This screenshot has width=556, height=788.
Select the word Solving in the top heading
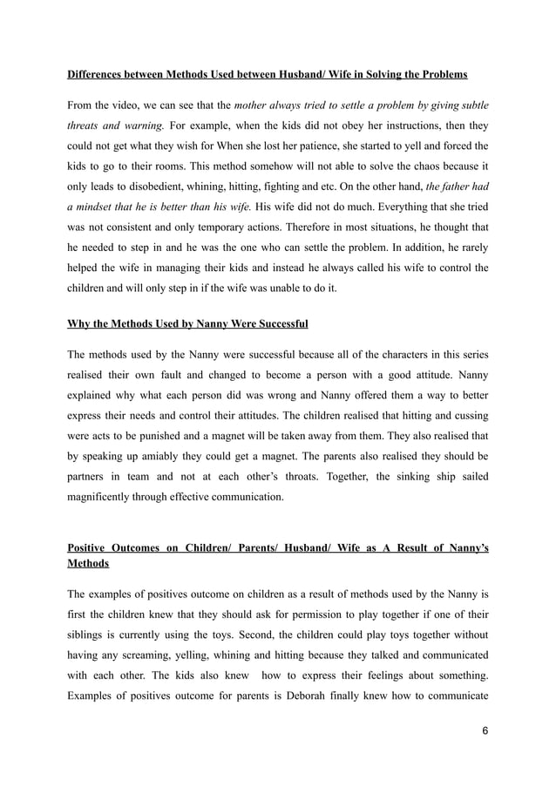tap(377, 72)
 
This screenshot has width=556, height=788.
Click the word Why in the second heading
tap(79, 324)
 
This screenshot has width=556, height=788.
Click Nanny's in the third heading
tap(465, 548)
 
